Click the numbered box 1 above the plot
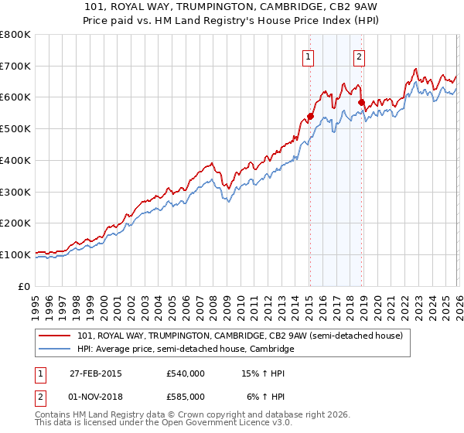coord(309,56)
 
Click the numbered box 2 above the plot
coord(360,56)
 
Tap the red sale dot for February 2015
coord(310,116)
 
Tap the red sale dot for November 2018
coord(361,102)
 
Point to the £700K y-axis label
coord(15,66)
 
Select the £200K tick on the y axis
coord(15,223)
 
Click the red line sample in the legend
coord(55,336)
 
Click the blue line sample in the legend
coord(55,349)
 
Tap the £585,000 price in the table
coord(185,396)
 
